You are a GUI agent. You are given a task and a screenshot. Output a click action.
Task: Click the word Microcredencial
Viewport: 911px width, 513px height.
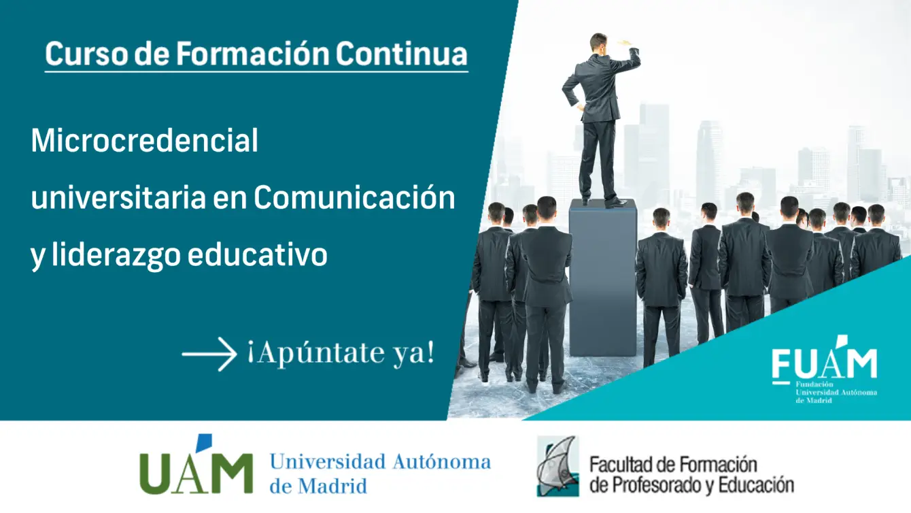(144, 140)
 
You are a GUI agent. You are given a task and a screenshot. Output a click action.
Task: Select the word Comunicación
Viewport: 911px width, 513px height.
(354, 197)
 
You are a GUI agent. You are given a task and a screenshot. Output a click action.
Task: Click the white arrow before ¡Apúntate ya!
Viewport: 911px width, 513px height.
(209, 354)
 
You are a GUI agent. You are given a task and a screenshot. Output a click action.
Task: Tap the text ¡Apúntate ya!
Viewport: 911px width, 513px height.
(341, 353)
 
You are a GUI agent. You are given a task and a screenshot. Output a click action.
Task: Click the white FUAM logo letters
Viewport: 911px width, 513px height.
(825, 361)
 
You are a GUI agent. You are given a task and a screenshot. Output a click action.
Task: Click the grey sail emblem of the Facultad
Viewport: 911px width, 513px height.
(557, 466)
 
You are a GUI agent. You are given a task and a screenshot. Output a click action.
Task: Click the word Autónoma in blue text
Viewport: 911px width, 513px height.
(442, 462)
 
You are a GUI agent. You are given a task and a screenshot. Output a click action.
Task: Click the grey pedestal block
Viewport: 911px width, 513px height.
(603, 278)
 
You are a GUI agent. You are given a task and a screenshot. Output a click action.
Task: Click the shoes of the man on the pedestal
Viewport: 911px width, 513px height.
(606, 202)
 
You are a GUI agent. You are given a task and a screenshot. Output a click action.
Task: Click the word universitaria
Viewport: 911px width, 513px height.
(118, 197)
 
